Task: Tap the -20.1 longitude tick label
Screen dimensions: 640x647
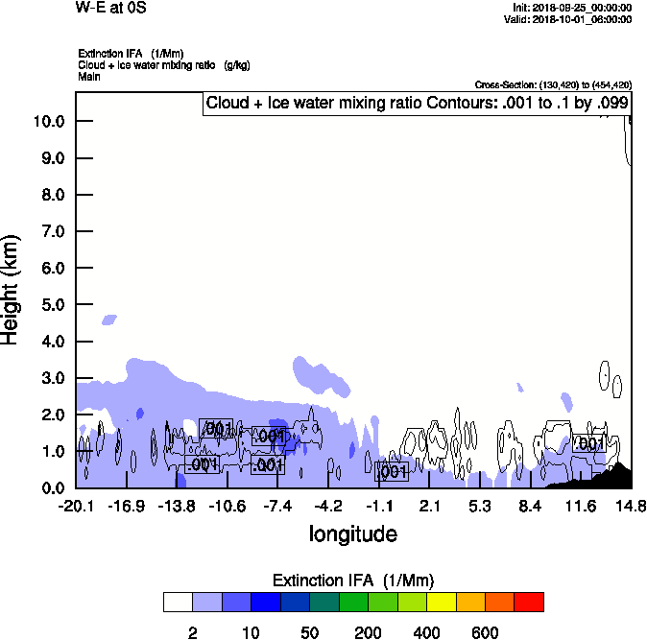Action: coord(76,506)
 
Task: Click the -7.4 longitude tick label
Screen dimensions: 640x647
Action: coord(277,506)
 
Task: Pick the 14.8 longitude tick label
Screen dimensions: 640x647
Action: coord(630,506)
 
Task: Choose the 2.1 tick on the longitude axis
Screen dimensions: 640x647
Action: coord(429,506)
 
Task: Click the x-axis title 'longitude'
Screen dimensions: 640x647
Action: coord(352,533)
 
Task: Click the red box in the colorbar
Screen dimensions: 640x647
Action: coord(528,602)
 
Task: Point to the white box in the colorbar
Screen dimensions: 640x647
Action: coord(178,602)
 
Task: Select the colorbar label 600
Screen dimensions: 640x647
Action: coord(486,632)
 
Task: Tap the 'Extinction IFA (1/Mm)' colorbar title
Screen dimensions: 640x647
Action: coord(353,581)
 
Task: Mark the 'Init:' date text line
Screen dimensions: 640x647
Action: coord(572,8)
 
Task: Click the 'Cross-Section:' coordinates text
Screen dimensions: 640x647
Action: coord(554,85)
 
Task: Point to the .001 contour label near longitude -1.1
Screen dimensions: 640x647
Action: coord(391,471)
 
